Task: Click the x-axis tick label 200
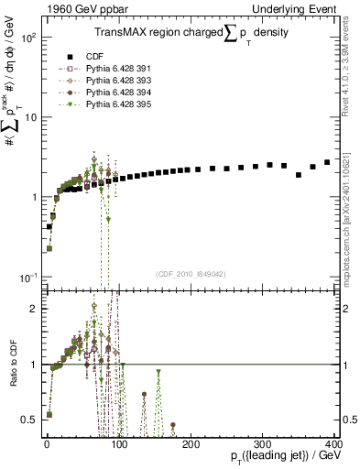[x=191, y=443]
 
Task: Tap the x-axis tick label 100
[x=119, y=443]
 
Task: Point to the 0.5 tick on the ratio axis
[x=32, y=420]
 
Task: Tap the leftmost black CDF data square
[x=49, y=226]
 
